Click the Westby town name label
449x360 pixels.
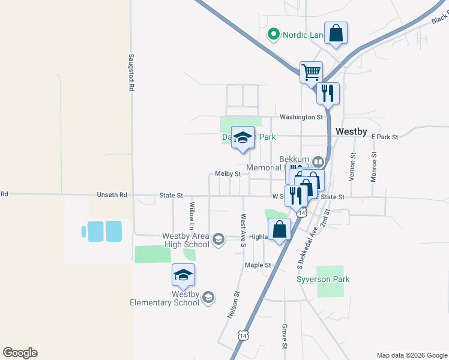[351, 131]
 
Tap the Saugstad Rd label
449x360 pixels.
[130, 72]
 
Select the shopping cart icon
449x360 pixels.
[311, 73]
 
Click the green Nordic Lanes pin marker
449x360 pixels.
[274, 34]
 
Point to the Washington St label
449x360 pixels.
[301, 117]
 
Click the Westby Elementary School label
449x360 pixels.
[165, 298]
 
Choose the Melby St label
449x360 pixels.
[228, 174]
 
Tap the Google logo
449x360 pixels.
[20, 353]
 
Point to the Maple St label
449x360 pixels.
[258, 265]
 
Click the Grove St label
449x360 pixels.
[284, 337]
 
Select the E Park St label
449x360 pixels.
[384, 137]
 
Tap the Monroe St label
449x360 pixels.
[374, 167]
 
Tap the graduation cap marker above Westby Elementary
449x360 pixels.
[183, 275]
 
